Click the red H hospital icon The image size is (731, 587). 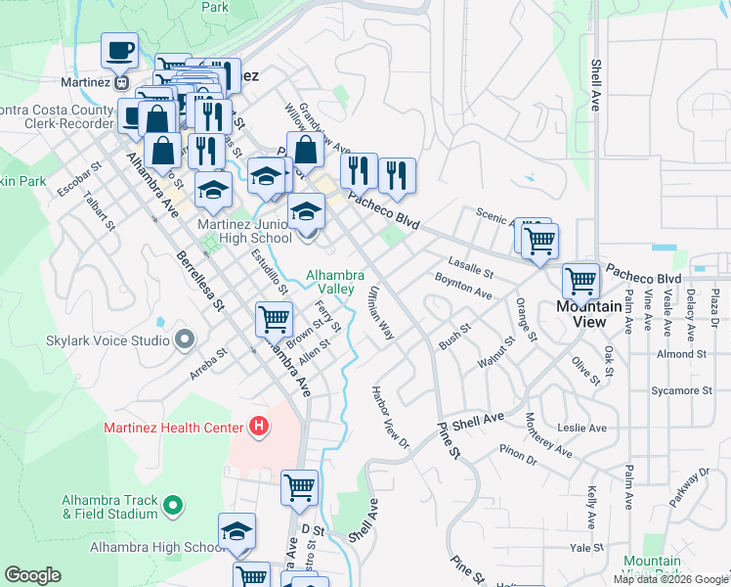point(259,427)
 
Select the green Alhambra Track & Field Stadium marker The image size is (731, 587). point(173,506)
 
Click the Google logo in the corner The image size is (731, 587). point(32,575)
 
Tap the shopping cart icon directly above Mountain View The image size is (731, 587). point(581,281)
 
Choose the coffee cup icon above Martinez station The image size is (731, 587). point(119,50)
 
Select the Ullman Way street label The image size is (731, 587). point(380,313)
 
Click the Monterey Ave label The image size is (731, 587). point(549,434)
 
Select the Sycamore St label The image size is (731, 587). point(680,390)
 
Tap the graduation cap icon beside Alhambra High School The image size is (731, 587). point(236,531)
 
